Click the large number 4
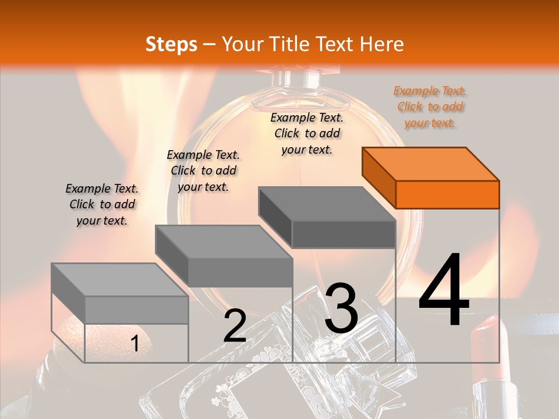[x=444, y=291]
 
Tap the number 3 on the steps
[x=341, y=308]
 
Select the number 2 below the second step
[x=235, y=326]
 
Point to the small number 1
[x=135, y=344]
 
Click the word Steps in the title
[x=171, y=44]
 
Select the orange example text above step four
[x=430, y=107]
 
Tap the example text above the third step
[x=307, y=133]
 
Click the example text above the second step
[x=203, y=171]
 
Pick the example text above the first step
[x=102, y=204]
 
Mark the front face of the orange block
[x=447, y=194]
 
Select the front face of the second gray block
[x=240, y=272]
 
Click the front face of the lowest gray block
[x=136, y=310]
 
